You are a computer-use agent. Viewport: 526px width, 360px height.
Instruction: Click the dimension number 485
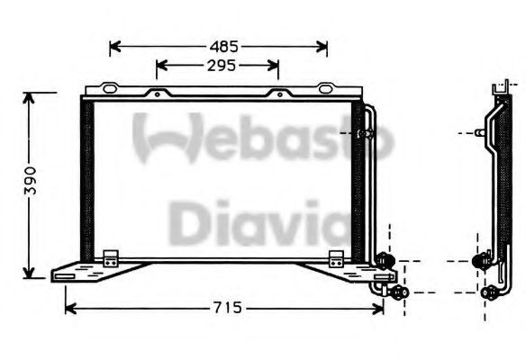point(224,44)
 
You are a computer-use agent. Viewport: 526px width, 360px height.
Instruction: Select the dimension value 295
point(219,65)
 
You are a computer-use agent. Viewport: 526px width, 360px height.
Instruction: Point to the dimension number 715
point(227,309)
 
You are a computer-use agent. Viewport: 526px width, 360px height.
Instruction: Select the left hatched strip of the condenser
point(86,180)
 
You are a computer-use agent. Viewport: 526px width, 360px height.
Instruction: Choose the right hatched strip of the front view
point(358,180)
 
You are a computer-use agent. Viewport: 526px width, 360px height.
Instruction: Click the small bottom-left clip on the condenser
point(111,257)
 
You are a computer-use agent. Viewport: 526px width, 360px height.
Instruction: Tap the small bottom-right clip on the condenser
point(336,257)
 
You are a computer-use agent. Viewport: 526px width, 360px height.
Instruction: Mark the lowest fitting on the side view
point(490,292)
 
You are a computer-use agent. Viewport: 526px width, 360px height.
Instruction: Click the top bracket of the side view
point(498,90)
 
